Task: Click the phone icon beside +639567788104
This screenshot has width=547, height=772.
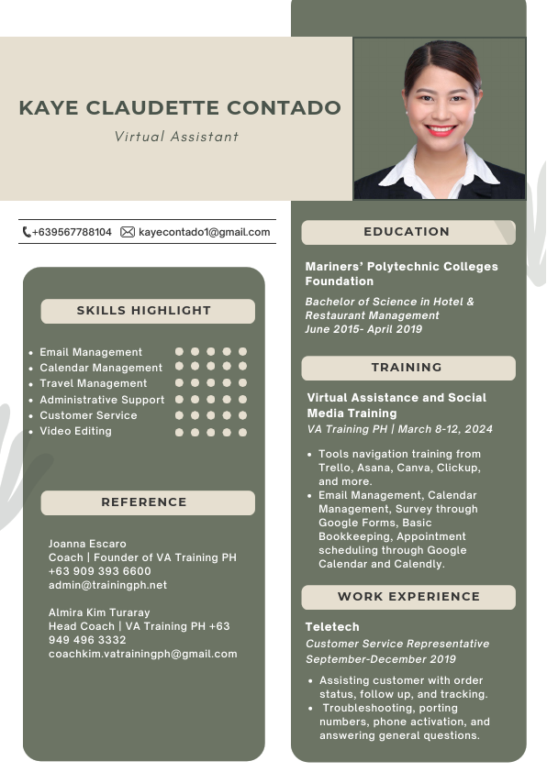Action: coord(27,232)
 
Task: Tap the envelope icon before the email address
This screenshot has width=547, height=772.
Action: coord(128,232)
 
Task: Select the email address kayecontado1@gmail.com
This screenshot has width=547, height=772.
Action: coord(205,232)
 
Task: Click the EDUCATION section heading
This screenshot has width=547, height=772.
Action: coord(407,232)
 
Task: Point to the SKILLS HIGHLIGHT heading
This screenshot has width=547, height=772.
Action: coord(144,311)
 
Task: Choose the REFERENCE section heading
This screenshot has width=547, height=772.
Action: coord(144,502)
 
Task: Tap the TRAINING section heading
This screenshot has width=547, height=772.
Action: coord(407,368)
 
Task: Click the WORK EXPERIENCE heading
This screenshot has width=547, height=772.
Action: coord(408,597)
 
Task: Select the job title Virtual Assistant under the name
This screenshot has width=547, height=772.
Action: coord(176,137)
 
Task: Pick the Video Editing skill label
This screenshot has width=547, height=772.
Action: coord(75,431)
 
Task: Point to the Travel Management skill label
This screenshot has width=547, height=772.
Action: coord(93,383)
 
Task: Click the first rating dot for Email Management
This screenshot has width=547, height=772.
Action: coord(180,351)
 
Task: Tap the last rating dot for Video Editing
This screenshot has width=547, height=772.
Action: coord(243,432)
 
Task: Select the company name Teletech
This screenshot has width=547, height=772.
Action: coord(332,627)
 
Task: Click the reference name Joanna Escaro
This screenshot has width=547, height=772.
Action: coord(87,544)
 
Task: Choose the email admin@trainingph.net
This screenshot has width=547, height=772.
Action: coord(107,585)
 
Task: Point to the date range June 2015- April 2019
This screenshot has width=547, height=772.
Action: coord(363,329)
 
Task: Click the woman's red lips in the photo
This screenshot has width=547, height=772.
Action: coord(441,129)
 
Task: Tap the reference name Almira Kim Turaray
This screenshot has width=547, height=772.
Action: coord(99,612)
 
